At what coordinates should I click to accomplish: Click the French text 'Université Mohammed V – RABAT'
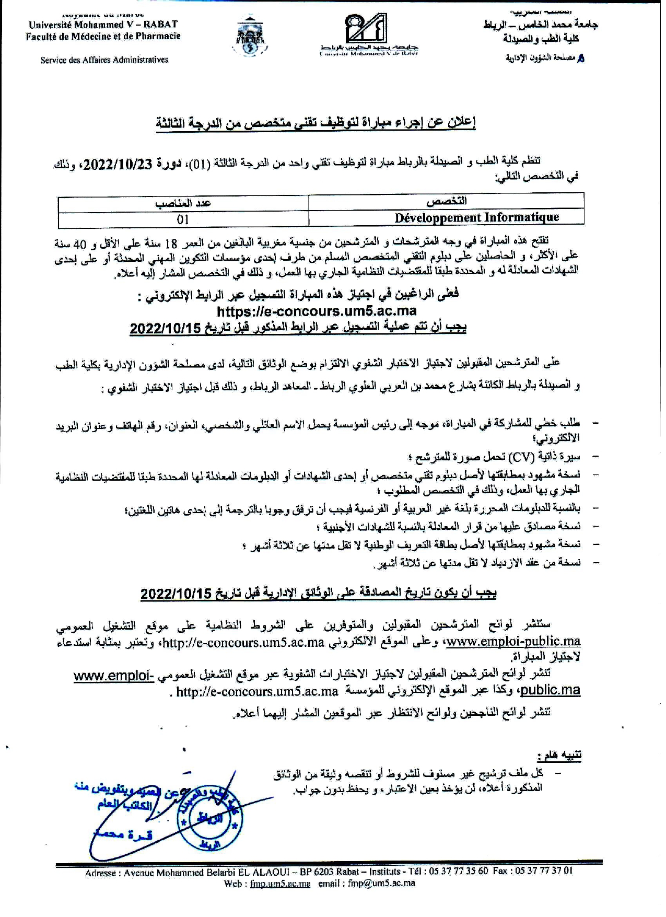point(103,25)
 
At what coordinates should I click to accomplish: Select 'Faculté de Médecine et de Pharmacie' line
point(103,36)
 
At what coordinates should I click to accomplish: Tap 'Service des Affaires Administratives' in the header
point(104,60)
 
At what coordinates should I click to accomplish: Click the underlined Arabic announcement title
point(316,123)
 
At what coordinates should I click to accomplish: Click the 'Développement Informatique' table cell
point(476,217)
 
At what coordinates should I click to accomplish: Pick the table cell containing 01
point(183,219)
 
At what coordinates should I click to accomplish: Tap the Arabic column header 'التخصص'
point(447,201)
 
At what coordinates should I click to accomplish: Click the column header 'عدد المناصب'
point(183,203)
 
